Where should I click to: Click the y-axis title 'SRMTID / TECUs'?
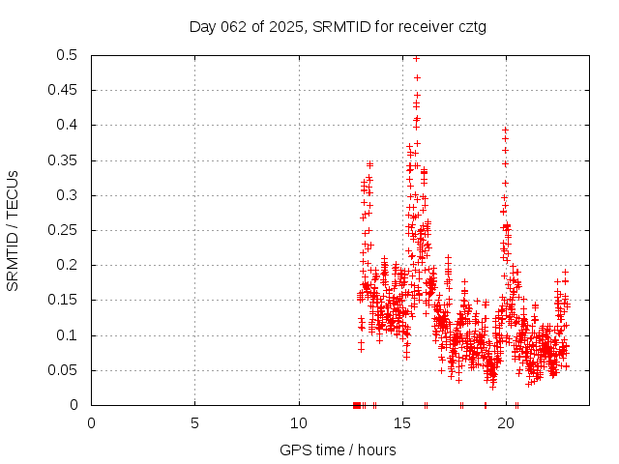14,230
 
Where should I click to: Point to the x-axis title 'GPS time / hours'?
337,449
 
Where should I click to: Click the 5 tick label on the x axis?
194,422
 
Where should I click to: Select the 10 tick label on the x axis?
299,422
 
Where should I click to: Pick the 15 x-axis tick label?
402,422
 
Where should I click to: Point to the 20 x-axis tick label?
506,422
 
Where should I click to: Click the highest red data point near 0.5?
416,58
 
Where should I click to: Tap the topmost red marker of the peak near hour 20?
505,129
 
